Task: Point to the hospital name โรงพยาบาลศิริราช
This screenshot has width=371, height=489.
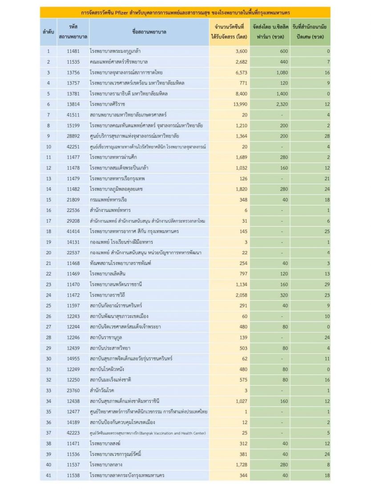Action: tap(109, 104)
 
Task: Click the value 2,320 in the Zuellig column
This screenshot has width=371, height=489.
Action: tap(280, 104)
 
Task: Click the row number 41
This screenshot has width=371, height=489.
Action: tap(48, 475)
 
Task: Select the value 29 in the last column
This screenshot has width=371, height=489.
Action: tap(326, 284)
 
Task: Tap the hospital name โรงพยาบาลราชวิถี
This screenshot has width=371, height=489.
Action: tap(108, 294)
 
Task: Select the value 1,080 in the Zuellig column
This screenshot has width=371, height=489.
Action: tap(280, 72)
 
